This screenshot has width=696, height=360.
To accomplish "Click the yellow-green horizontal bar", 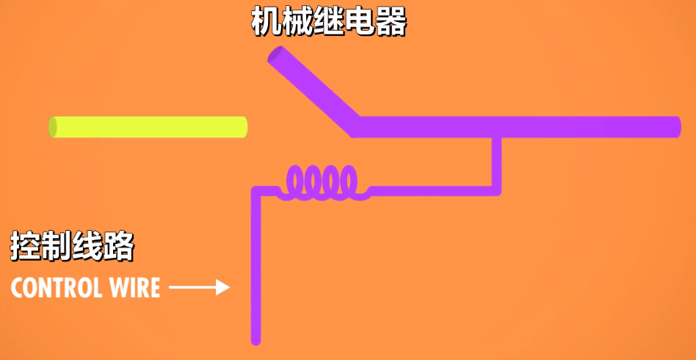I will (x=148, y=127).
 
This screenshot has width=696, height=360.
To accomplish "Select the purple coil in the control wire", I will (x=323, y=183).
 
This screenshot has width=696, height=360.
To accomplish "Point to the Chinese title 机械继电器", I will (x=328, y=23).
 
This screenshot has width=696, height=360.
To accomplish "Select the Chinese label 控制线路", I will (x=72, y=246).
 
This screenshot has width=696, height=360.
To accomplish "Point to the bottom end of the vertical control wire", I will (x=256, y=339).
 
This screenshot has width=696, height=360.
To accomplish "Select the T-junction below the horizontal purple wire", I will (x=497, y=137).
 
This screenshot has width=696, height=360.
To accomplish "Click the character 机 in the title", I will (x=266, y=23).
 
